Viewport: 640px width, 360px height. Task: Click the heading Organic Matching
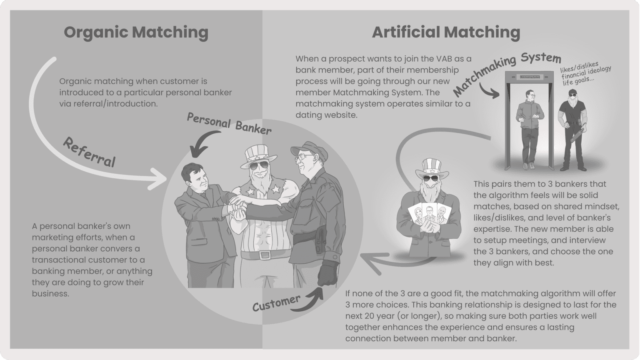pyautogui.click(x=136, y=32)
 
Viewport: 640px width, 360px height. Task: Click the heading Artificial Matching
pyautogui.click(x=446, y=32)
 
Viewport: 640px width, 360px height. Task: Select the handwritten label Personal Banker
pyautogui.click(x=229, y=124)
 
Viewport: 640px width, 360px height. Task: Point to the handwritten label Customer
pyautogui.click(x=276, y=303)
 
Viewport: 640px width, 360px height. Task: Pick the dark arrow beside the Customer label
pyautogui.click(x=312, y=298)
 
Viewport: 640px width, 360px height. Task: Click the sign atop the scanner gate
pyautogui.click(x=528, y=77)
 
